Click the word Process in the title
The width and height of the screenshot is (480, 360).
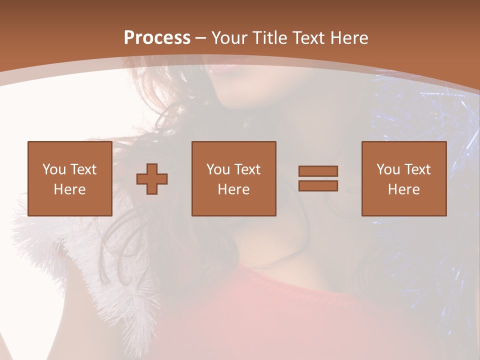click(157, 37)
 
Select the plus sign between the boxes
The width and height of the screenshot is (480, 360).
click(152, 179)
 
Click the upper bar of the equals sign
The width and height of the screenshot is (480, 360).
click(318, 171)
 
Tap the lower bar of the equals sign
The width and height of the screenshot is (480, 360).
click(318, 185)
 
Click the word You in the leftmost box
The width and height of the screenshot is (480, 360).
click(54, 169)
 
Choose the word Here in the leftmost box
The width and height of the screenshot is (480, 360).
click(69, 189)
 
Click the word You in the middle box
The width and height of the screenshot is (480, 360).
click(218, 169)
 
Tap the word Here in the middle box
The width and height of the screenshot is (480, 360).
click(233, 189)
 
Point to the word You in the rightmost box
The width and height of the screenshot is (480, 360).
click(388, 169)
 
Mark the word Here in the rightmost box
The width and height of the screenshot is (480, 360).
click(403, 189)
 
